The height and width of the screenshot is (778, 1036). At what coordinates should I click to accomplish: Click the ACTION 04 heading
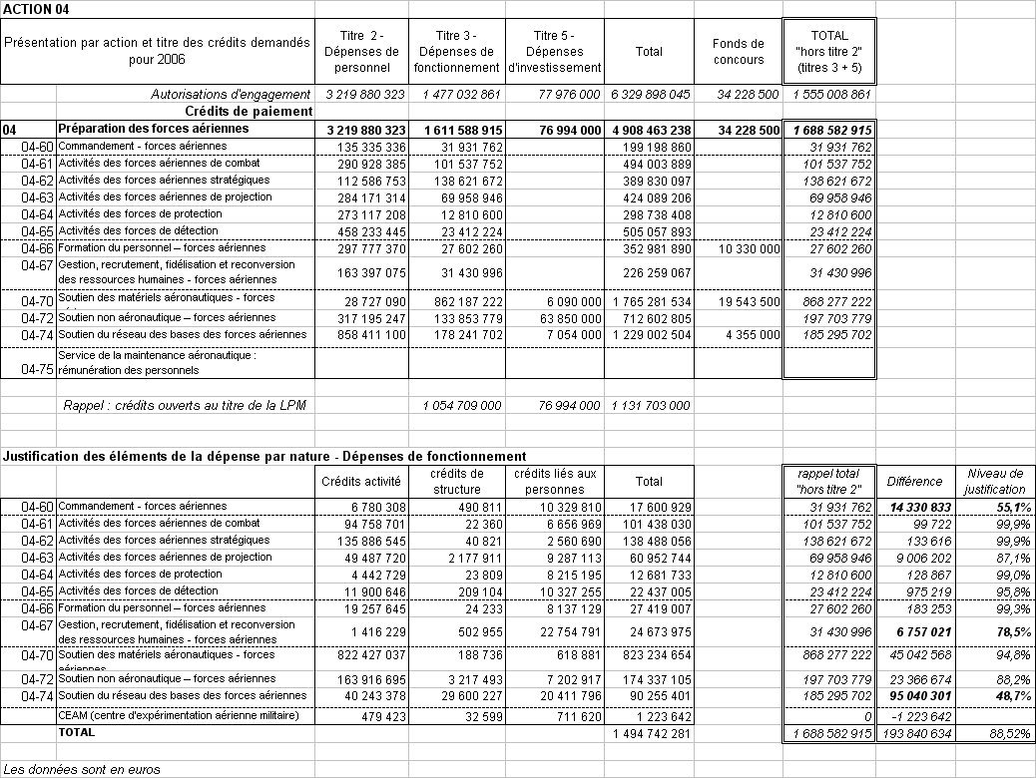36,8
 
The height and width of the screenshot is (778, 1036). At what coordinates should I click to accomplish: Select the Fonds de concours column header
739,51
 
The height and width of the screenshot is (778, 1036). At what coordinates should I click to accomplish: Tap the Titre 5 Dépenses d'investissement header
555,51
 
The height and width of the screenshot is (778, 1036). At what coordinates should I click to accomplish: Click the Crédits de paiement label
250,111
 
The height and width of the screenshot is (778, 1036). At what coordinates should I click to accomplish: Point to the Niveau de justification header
995,481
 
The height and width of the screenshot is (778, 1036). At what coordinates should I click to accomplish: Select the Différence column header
914,481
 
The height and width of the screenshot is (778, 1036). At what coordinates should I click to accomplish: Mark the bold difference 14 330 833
915,508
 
